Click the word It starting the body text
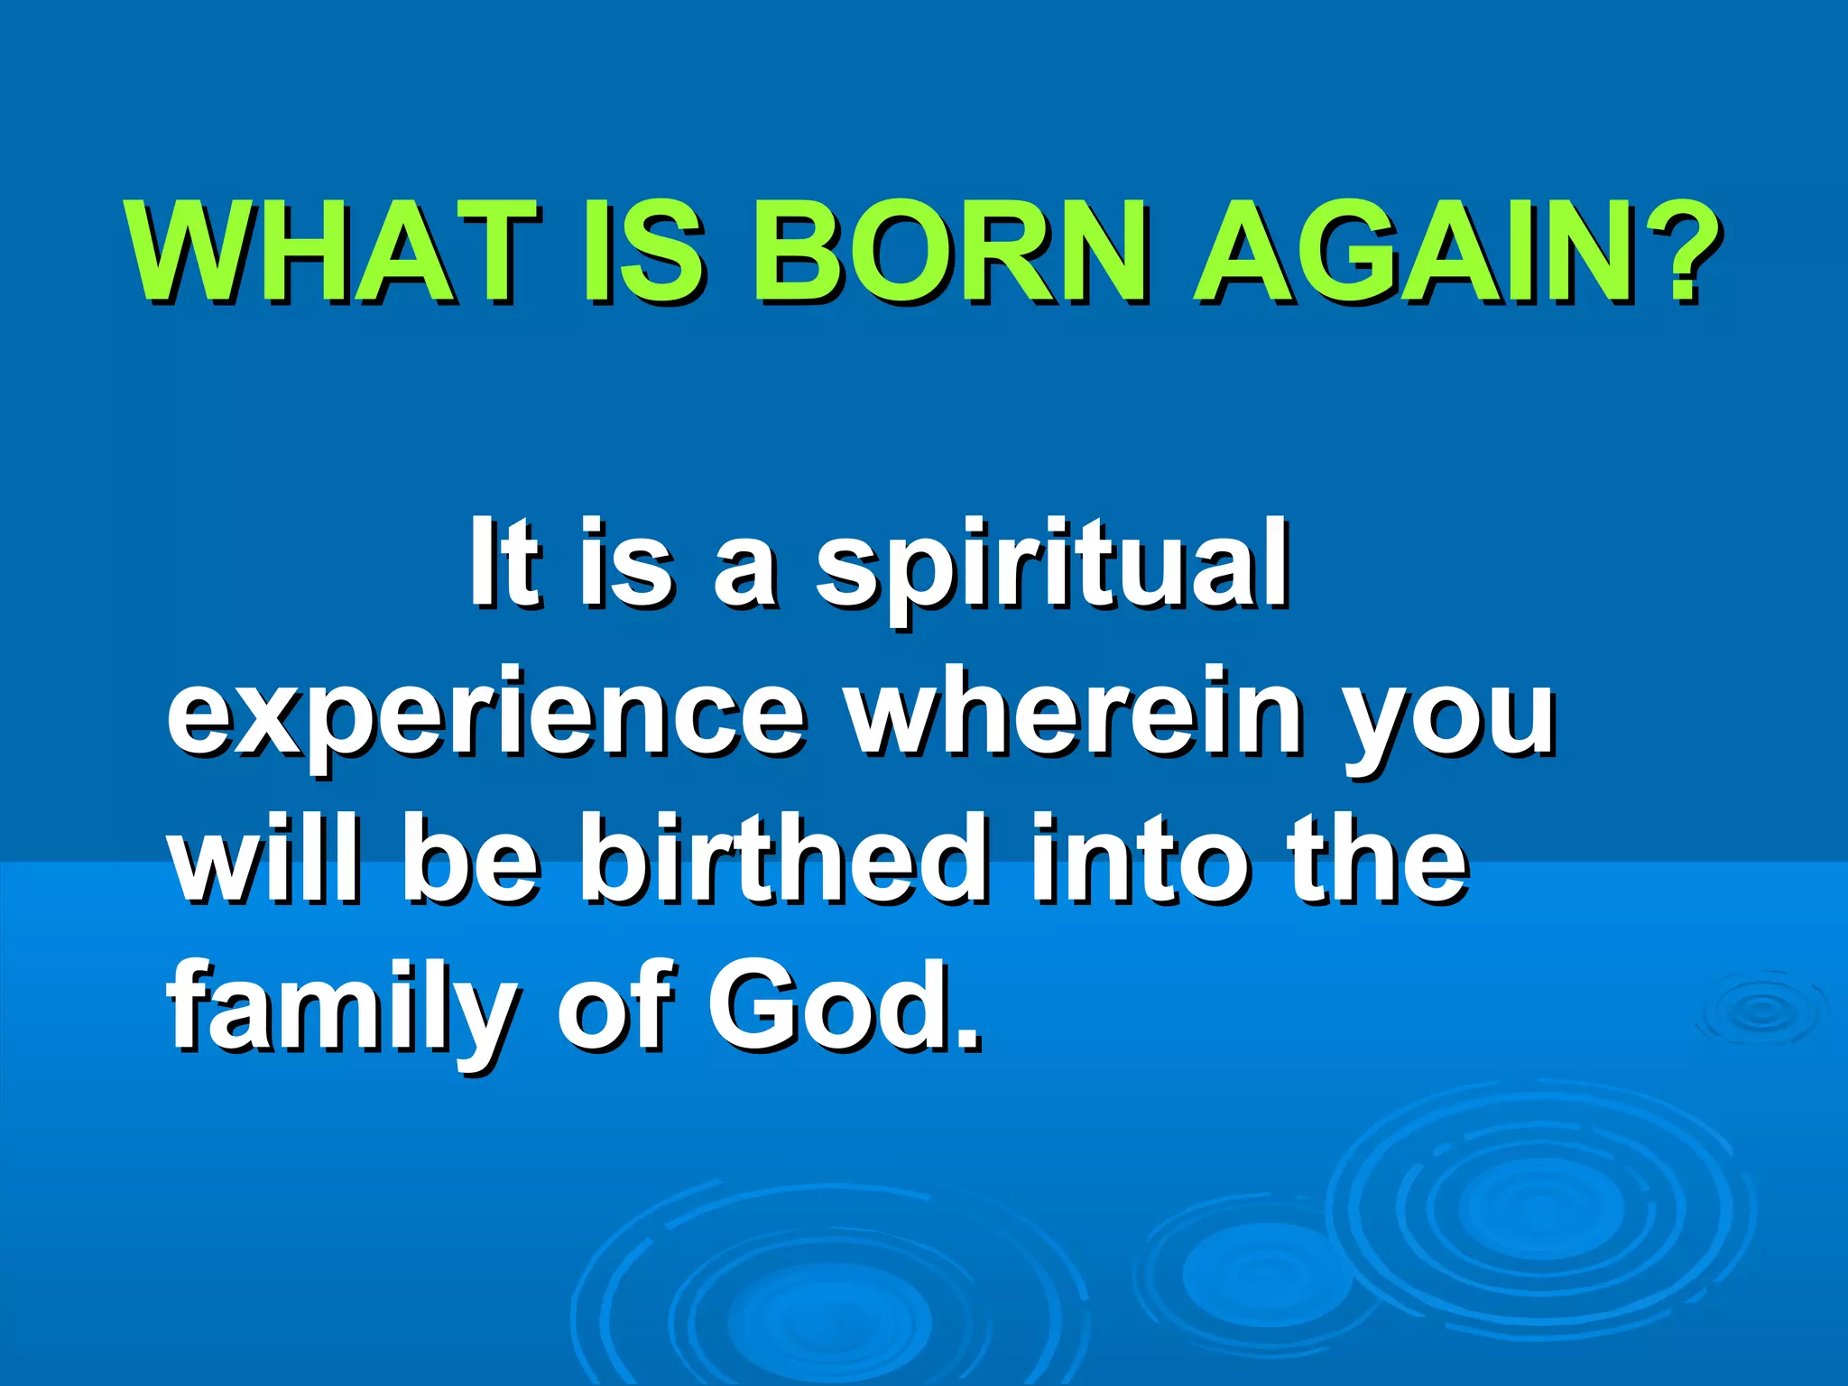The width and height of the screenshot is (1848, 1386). click(x=506, y=564)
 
